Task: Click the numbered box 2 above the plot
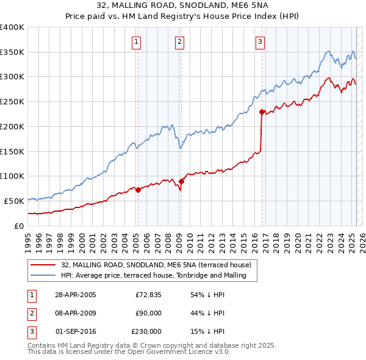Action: (180, 42)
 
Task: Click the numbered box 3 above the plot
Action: (260, 42)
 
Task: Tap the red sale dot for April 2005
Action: (138, 190)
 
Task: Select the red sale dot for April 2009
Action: (181, 181)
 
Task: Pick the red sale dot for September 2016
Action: (262, 112)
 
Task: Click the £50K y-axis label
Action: (15, 201)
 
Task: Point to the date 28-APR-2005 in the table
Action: (76, 295)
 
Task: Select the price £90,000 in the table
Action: (148, 313)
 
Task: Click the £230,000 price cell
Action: (146, 331)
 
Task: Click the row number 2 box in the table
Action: (31, 313)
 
